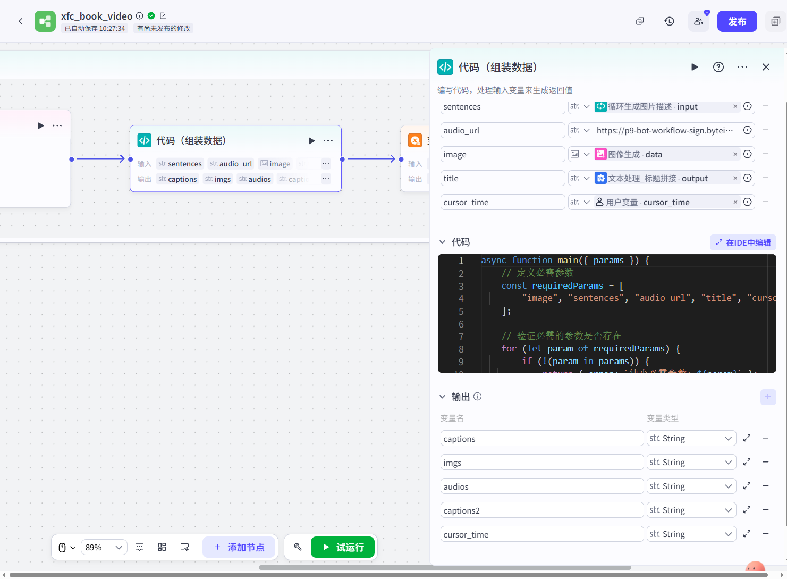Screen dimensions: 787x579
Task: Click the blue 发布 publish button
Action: [737, 21]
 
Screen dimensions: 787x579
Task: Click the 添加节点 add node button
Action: [239, 547]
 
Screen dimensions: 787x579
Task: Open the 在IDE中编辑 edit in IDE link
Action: [743, 242]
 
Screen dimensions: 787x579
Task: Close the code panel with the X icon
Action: [766, 67]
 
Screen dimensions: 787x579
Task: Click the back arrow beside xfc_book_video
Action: [21, 21]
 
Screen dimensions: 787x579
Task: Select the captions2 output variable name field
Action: [541, 510]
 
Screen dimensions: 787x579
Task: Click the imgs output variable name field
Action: [541, 463]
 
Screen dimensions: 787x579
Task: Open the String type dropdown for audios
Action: [691, 486]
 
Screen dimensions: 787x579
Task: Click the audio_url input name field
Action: [502, 131]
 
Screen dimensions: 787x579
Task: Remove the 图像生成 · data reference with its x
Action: [735, 154]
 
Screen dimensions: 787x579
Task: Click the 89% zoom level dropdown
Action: [104, 547]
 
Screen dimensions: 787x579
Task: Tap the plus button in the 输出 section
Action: [768, 397]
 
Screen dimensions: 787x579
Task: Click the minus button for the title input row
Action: [766, 178]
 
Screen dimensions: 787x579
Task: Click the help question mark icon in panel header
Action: [718, 67]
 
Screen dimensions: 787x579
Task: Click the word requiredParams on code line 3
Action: [568, 286]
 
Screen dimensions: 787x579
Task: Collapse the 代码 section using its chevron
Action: [442, 242]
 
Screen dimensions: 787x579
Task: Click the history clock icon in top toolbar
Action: [669, 21]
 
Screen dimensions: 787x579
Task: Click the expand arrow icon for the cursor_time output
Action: [747, 534]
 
